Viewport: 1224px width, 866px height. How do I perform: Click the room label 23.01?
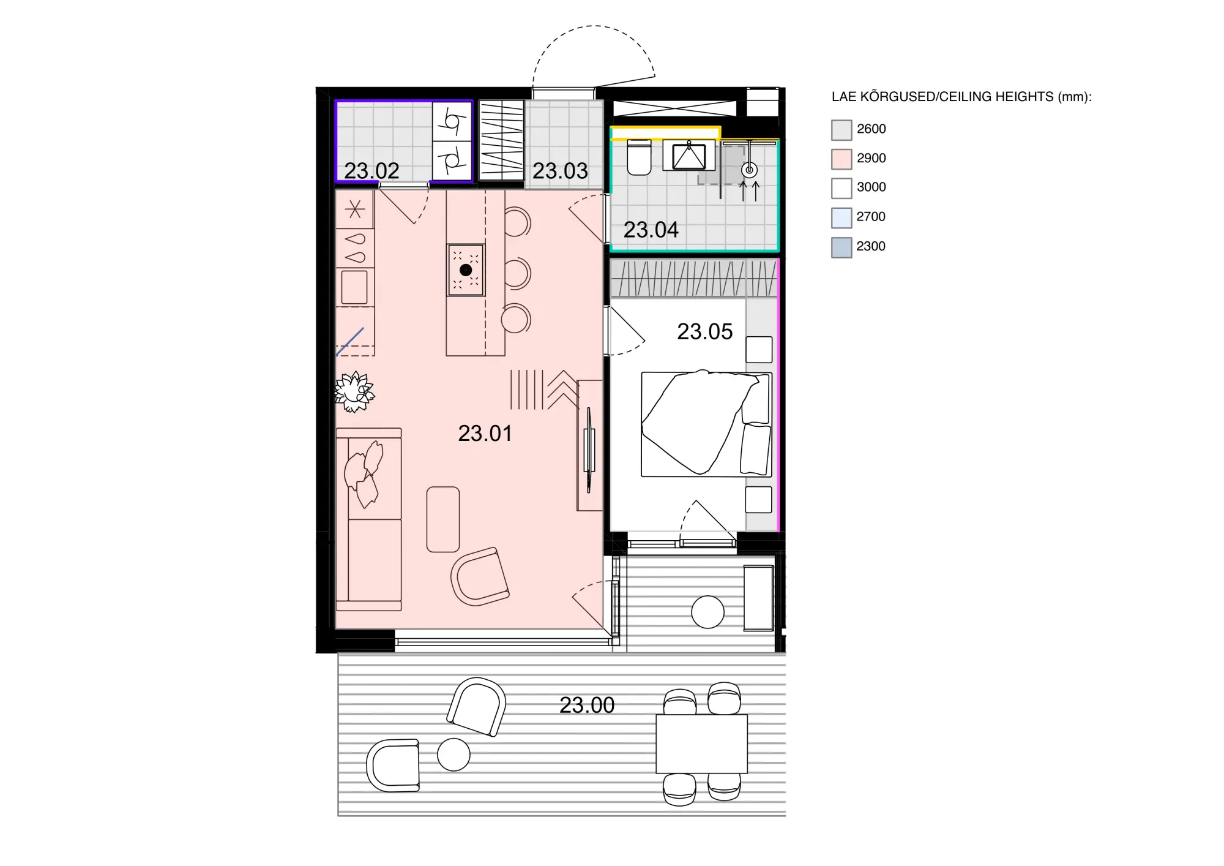(x=485, y=434)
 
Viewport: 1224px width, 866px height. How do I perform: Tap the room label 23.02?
(x=371, y=171)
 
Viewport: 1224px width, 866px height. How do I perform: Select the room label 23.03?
(x=560, y=171)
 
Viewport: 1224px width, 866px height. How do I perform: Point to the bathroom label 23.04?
(x=651, y=230)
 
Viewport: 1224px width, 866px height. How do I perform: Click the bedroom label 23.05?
(x=705, y=331)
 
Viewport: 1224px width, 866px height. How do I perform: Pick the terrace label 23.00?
(x=587, y=705)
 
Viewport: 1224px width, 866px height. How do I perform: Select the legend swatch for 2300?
(x=841, y=247)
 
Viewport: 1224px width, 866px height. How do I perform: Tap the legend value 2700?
(x=871, y=216)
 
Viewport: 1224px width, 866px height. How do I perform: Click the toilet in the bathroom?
(x=640, y=157)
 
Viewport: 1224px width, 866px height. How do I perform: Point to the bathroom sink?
(x=689, y=156)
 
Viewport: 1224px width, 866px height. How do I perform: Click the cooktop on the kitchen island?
(x=466, y=270)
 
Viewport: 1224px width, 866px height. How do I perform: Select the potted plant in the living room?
(x=354, y=391)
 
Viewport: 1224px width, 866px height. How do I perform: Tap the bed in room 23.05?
(x=706, y=424)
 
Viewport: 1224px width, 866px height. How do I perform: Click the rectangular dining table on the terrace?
(x=701, y=744)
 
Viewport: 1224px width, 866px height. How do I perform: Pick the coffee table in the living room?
(x=443, y=519)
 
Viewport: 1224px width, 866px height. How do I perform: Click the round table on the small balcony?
(x=707, y=612)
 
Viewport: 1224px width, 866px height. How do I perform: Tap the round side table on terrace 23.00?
(x=453, y=755)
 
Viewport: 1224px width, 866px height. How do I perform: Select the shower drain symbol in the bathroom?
(x=749, y=170)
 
